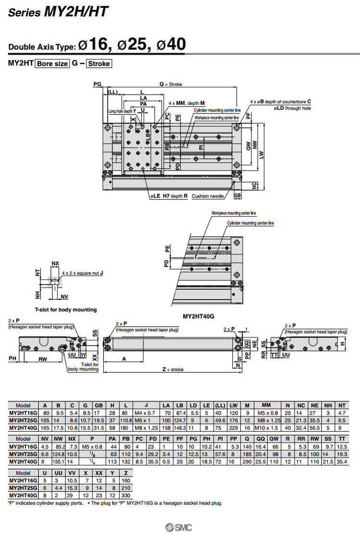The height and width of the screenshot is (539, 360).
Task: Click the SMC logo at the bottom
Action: click(x=179, y=527)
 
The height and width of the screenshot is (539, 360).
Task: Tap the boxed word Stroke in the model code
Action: click(x=99, y=63)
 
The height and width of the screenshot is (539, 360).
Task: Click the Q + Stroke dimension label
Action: click(x=171, y=84)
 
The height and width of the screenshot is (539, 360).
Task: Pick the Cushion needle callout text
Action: click(x=208, y=196)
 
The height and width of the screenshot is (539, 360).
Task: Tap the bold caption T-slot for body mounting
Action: click(x=66, y=310)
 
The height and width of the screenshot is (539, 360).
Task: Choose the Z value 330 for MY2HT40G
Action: click(x=126, y=495)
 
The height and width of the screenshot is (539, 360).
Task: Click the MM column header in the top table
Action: click(x=266, y=405)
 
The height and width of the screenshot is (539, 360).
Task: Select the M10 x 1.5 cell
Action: click(x=266, y=428)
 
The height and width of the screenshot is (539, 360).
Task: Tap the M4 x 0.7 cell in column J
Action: click(x=145, y=413)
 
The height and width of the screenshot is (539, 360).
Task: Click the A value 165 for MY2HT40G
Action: click(x=46, y=428)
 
